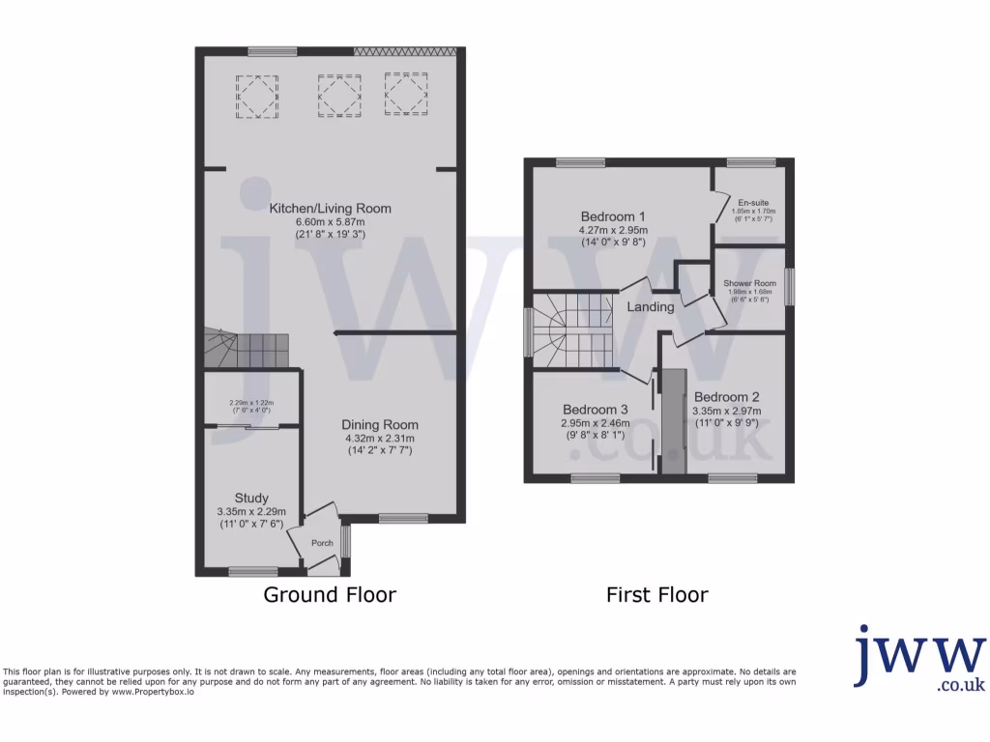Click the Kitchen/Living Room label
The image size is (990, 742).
[x=330, y=208]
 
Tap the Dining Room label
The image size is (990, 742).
[x=380, y=425]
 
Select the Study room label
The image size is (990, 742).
[x=251, y=499]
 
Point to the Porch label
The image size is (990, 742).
[x=322, y=543]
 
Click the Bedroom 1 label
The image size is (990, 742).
[x=613, y=215]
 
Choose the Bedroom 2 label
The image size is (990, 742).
[x=726, y=397]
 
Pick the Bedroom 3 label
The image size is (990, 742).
[x=595, y=409]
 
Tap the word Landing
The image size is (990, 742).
[x=651, y=307]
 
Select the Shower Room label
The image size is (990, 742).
[x=749, y=284]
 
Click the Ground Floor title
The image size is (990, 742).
[x=330, y=595]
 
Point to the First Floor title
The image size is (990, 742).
[x=657, y=595]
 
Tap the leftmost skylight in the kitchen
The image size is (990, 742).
[x=255, y=96]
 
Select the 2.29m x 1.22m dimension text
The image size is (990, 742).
[x=251, y=403]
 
